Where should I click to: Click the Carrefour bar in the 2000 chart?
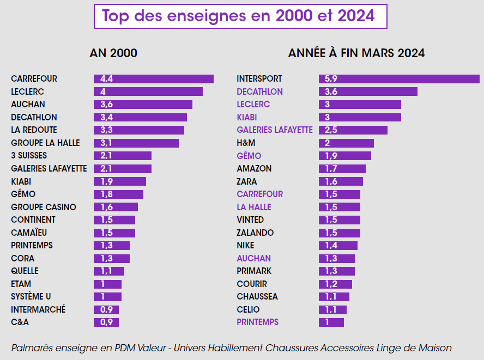coord(153,79)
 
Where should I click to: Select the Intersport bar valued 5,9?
coord(399,79)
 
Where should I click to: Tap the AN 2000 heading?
coord(113,53)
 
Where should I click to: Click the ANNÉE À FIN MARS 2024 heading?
coord(356,53)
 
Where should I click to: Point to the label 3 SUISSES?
coord(29,156)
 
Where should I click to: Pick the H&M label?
coord(246,143)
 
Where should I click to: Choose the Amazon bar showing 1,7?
coord(342,169)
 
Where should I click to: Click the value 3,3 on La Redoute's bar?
coord(106,130)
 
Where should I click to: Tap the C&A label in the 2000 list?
coord(20,322)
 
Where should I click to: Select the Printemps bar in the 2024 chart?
coord(331,322)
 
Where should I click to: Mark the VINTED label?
coord(250,220)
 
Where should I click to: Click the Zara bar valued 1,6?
coord(341,181)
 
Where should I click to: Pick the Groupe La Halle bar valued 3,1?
coord(136,143)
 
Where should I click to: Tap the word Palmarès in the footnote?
coord(30,348)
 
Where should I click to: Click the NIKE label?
coord(245,246)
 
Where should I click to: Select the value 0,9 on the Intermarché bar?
coord(106,310)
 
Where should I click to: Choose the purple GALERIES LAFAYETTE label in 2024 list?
coord(275,130)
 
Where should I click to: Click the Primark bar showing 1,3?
coord(336,271)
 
